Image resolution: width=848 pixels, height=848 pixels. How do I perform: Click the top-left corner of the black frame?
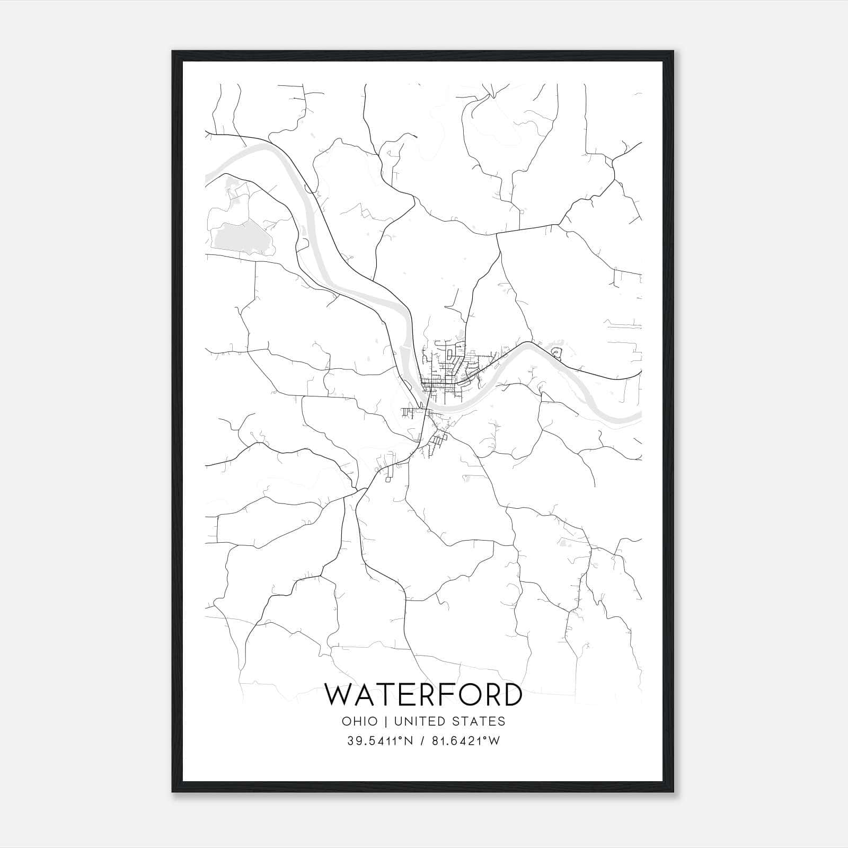pyautogui.click(x=173, y=51)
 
